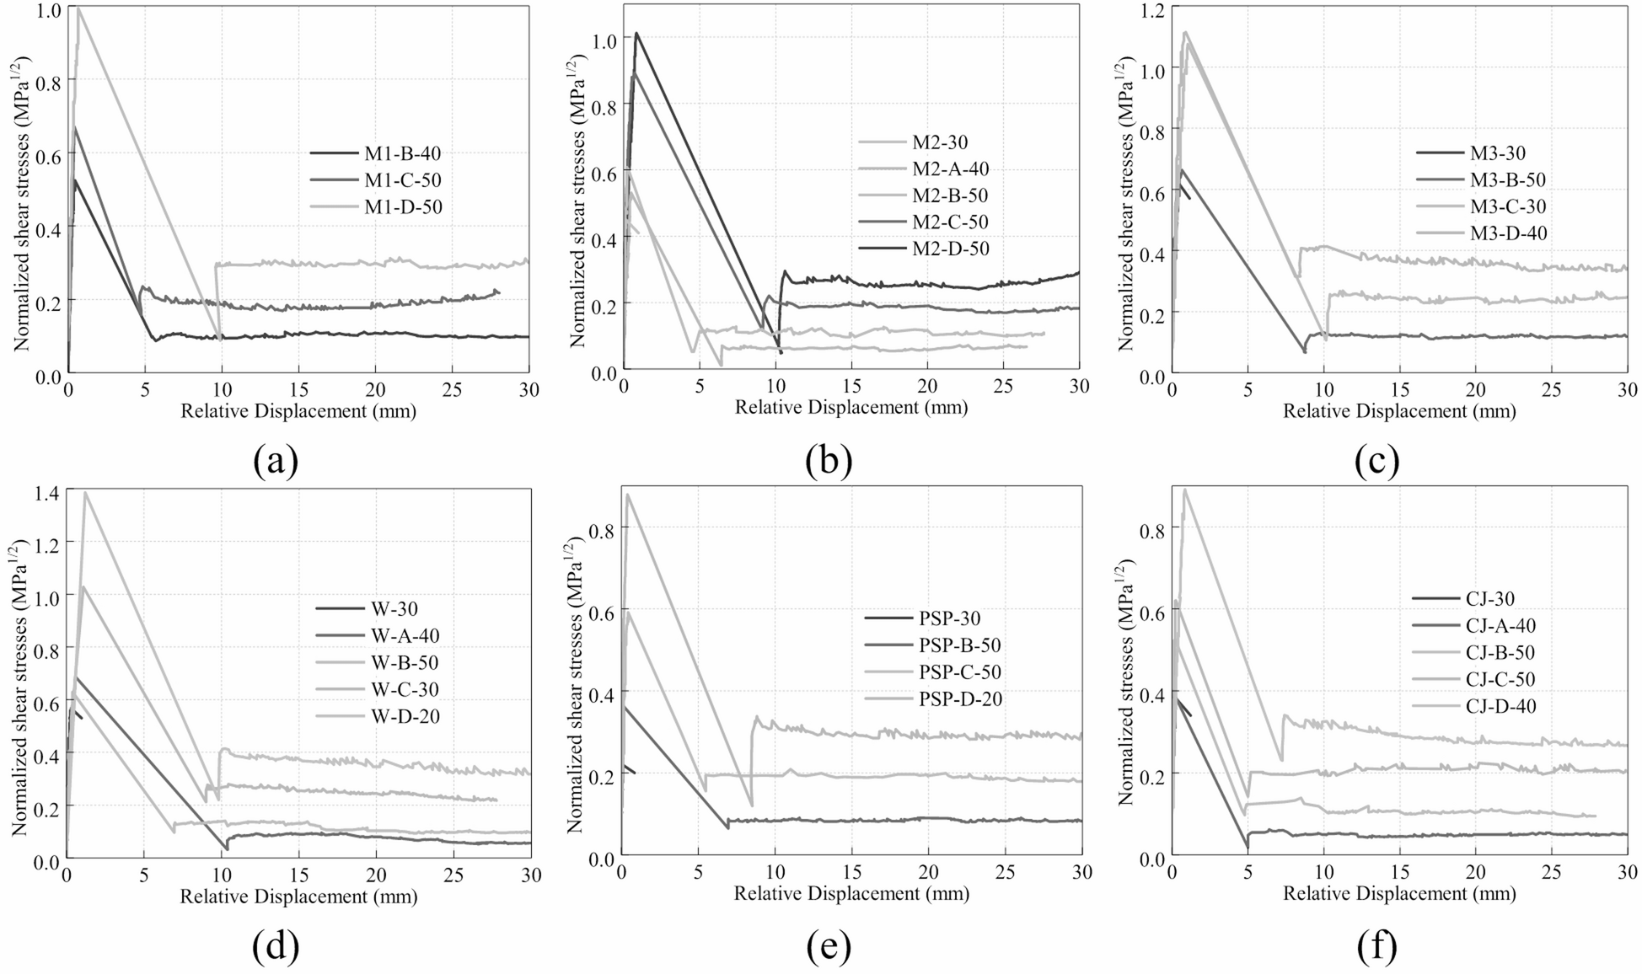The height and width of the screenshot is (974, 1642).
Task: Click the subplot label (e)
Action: click(x=829, y=946)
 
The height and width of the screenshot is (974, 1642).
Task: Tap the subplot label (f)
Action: click(x=1377, y=946)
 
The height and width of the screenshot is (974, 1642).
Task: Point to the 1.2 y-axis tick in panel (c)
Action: click(x=1151, y=10)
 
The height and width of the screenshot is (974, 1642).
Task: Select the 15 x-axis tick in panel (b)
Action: click(x=851, y=386)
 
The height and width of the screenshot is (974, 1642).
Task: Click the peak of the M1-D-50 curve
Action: click(x=78, y=8)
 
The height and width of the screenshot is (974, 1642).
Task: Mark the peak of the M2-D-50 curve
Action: click(x=636, y=34)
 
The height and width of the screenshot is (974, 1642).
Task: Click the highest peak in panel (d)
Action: click(x=85, y=492)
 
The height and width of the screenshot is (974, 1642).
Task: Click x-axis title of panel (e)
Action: click(x=851, y=893)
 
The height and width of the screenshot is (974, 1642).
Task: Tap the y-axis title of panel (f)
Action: click(x=1126, y=681)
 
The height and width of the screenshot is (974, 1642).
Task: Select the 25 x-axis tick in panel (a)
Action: click(x=452, y=389)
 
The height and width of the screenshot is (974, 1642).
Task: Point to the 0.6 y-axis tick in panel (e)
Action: click(x=603, y=609)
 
